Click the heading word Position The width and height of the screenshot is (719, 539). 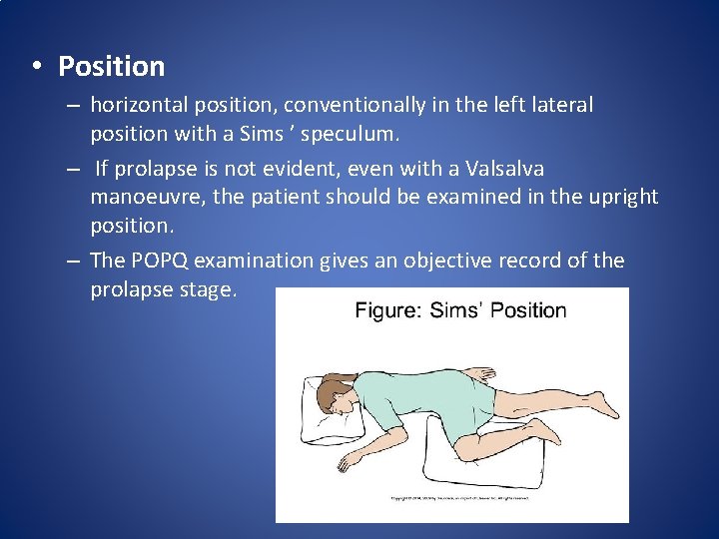tap(111, 67)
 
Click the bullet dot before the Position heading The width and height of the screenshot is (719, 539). tap(35, 67)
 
